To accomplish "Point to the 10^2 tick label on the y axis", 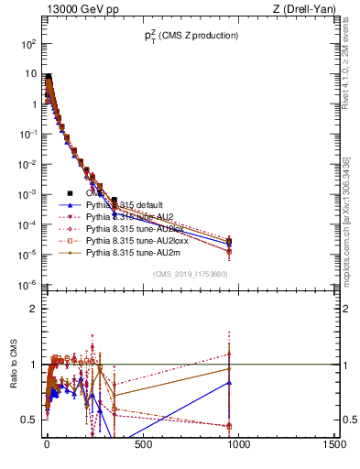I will click(x=27, y=44).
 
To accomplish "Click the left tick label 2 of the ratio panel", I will click(x=33, y=309).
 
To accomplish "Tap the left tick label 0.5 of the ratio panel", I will click(x=30, y=420).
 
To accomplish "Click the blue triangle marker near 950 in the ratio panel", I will click(x=229, y=383).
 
